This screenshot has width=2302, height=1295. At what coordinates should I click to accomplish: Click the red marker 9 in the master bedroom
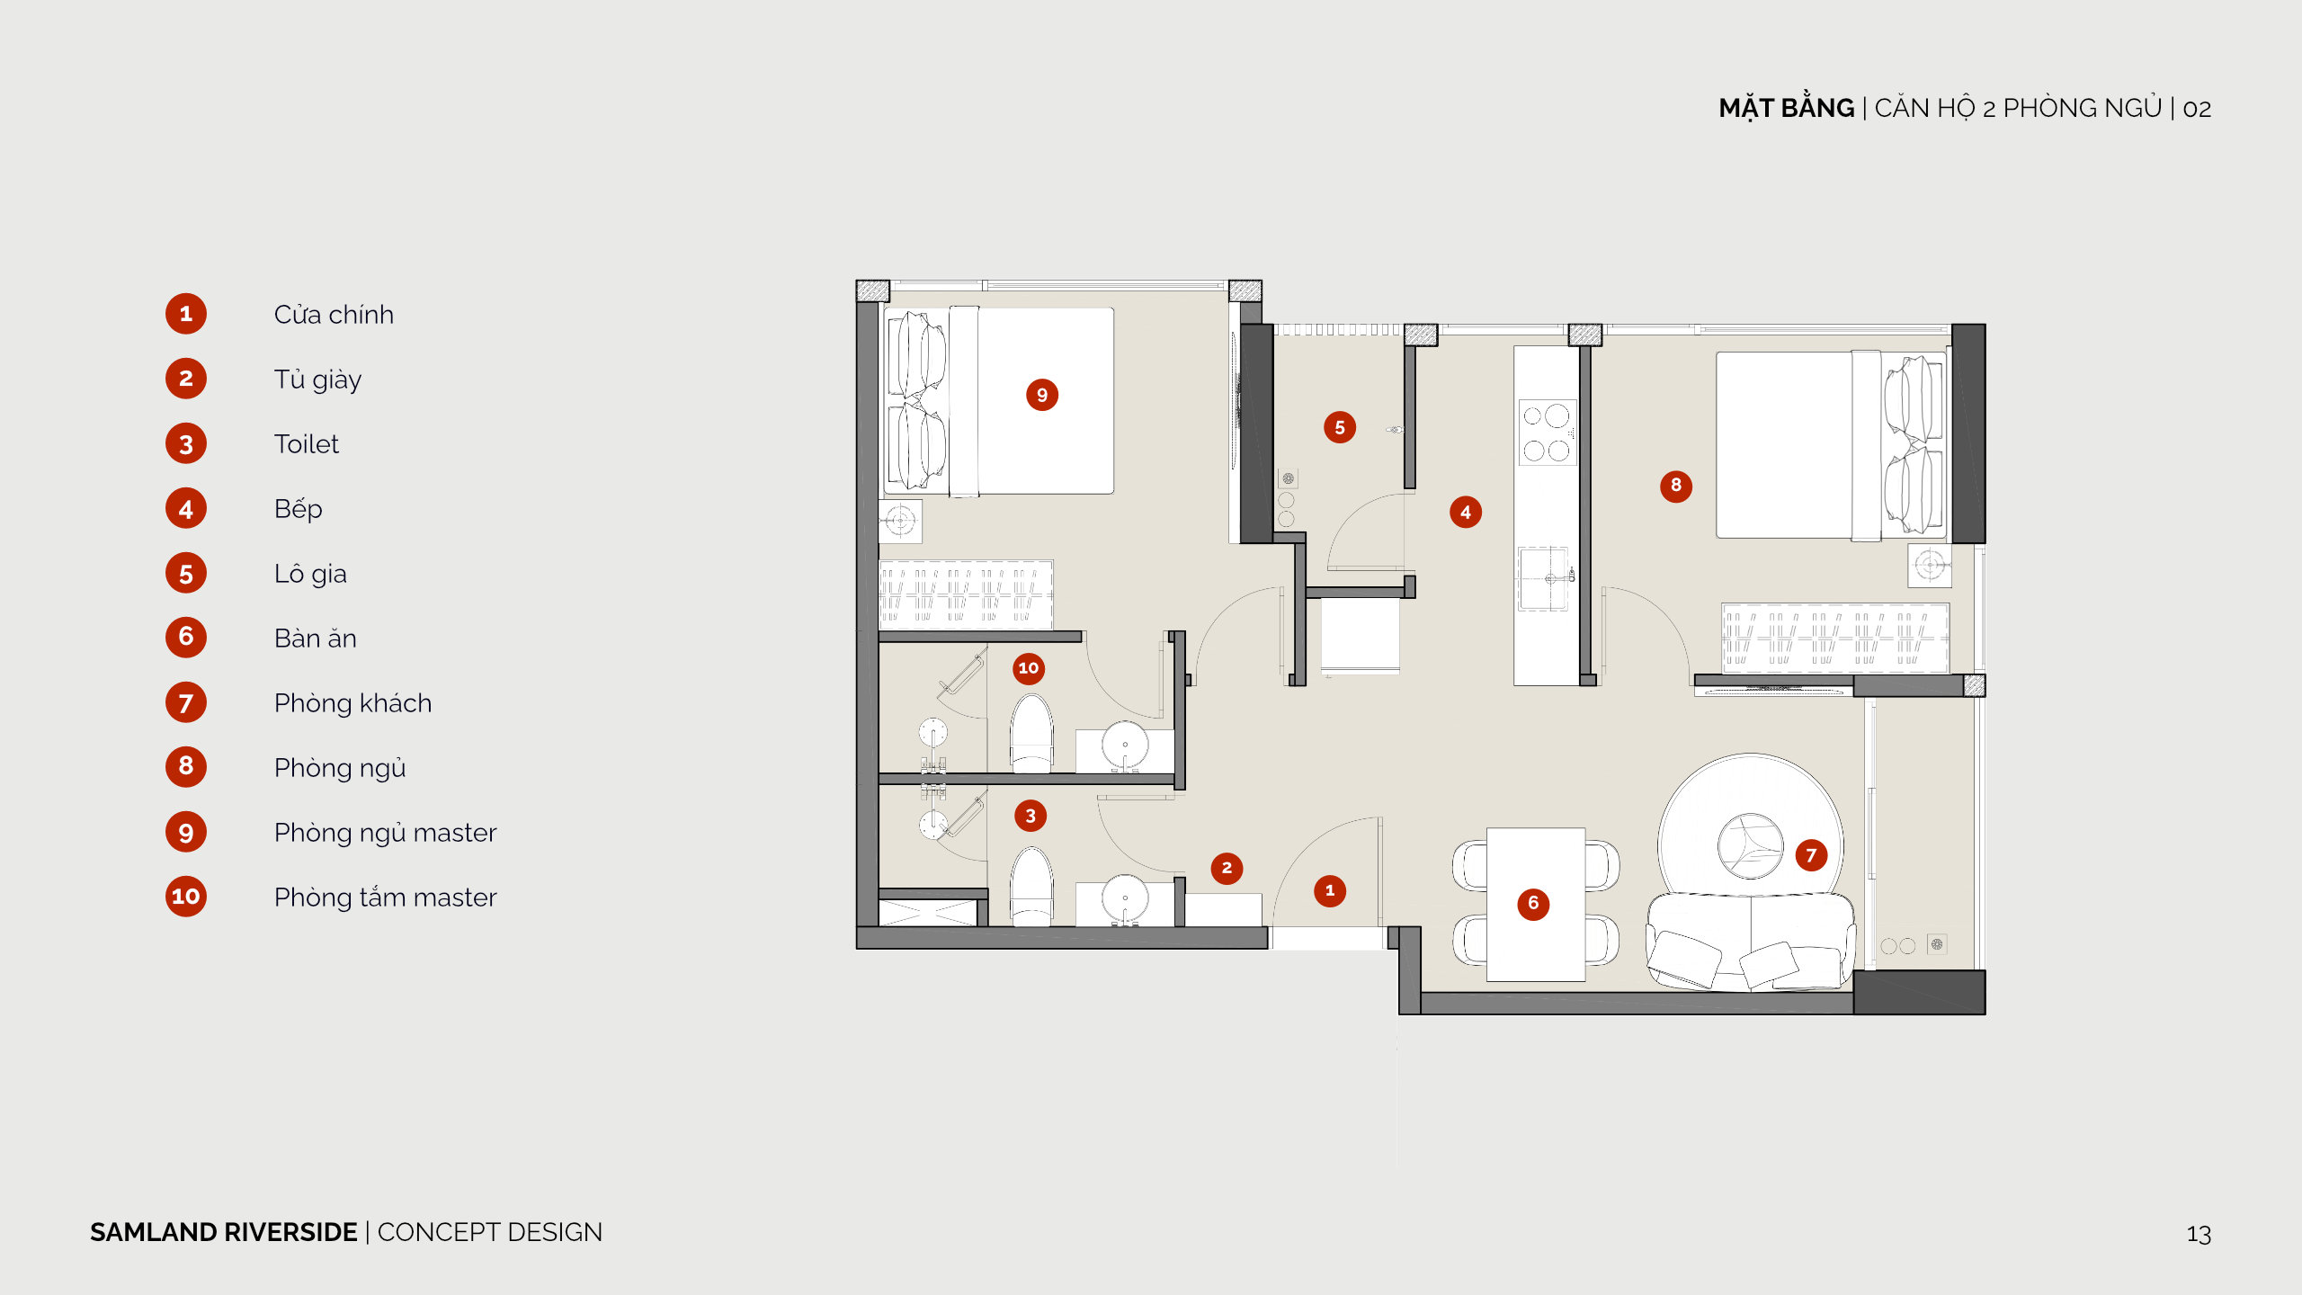(x=1042, y=395)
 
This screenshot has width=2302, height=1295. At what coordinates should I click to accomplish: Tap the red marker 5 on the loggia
(x=1340, y=427)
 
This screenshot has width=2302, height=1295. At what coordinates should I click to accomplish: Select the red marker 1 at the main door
(x=1330, y=890)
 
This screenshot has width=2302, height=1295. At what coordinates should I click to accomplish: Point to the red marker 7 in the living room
(x=1811, y=855)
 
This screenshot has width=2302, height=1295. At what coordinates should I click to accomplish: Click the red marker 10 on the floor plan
(x=1029, y=668)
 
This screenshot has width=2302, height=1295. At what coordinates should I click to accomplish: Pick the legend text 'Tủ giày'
(x=317, y=380)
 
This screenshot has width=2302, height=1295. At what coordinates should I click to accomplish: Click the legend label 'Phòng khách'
(x=352, y=702)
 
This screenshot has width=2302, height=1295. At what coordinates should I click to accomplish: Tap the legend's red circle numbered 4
(x=186, y=509)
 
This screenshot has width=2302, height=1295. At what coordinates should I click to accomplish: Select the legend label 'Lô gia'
(x=310, y=574)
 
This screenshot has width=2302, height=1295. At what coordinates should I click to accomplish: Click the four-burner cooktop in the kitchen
(x=1547, y=433)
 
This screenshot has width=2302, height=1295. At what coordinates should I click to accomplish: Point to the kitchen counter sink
(x=1545, y=578)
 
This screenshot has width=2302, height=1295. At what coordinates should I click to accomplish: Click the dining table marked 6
(x=1536, y=904)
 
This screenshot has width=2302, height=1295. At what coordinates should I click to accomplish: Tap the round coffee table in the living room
(x=1750, y=846)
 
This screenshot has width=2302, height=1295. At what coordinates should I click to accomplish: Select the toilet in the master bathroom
(x=1031, y=734)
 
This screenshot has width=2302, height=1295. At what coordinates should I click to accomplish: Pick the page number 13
(x=2199, y=1234)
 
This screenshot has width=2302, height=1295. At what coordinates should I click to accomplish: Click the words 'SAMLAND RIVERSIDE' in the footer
(x=224, y=1232)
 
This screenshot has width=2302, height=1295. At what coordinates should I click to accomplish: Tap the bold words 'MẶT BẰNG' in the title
(x=1786, y=108)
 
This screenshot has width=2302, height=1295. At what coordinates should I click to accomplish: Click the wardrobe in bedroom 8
(x=1835, y=639)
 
